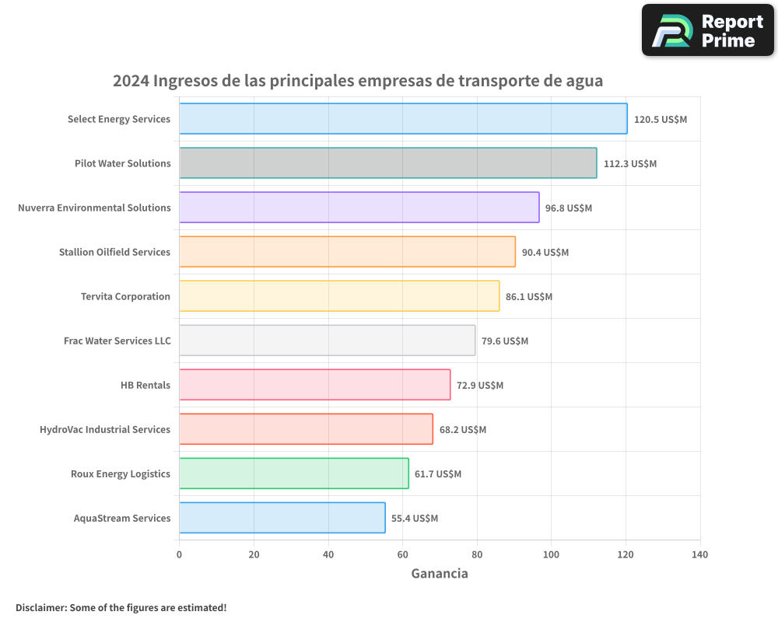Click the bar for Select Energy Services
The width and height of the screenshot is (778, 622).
coord(403,119)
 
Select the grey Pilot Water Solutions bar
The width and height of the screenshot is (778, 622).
coord(388,163)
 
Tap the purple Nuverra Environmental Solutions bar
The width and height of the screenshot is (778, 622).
coord(359,208)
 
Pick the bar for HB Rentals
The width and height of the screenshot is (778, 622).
coord(315,385)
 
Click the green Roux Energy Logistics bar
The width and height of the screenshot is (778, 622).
coord(294,473)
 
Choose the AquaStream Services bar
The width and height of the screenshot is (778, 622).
coord(282,518)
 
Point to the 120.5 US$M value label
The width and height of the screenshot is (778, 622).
coord(661,120)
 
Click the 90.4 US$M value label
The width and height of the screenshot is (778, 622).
coord(545,253)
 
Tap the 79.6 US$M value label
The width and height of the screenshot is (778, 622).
coord(505,341)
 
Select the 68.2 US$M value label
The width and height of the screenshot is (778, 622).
coord(463,430)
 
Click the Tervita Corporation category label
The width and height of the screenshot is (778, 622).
coord(125,296)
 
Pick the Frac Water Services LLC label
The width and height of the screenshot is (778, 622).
coord(117,341)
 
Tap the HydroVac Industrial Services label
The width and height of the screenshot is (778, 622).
coord(105,429)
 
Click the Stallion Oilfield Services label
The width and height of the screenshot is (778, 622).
coord(114,252)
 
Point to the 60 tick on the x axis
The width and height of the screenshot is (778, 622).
coord(402,555)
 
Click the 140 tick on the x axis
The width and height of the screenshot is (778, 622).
coord(699,555)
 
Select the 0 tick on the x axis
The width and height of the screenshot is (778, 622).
coord(180,555)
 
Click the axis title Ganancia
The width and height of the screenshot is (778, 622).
coord(440,574)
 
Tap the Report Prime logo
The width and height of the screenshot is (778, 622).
coord(707,30)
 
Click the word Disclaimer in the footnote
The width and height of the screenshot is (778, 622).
coord(40,607)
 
